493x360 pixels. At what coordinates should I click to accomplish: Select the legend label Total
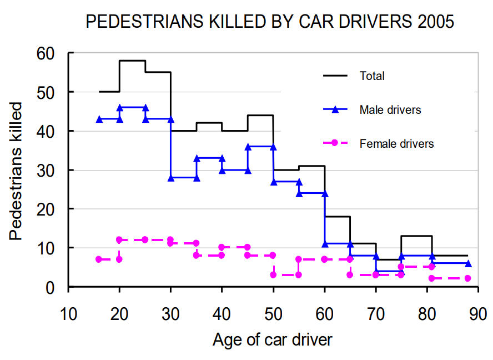click(372, 76)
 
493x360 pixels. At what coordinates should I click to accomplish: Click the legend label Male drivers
click(390, 110)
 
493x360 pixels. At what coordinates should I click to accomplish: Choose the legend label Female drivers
click(396, 144)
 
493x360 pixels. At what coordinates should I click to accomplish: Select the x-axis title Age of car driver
click(272, 339)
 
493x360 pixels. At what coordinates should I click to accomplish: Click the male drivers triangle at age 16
click(99, 119)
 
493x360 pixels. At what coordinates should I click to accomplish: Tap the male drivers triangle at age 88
click(468, 263)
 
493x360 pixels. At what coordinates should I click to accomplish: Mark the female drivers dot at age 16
click(99, 259)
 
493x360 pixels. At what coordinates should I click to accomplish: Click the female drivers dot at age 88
click(468, 278)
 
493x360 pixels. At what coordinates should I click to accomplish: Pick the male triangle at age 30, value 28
click(170, 178)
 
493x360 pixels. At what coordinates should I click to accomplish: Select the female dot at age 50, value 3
click(273, 275)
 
